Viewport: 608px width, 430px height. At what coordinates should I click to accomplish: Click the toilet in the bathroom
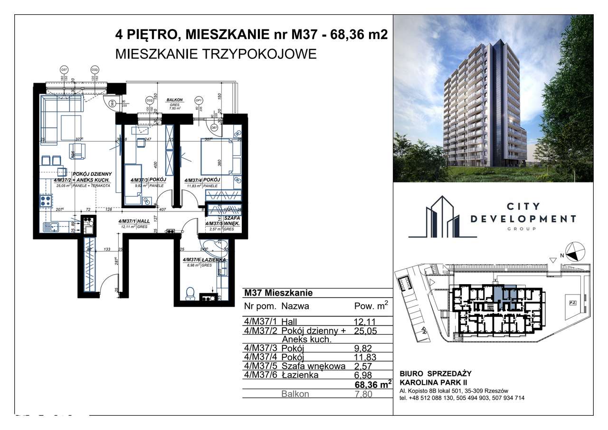click(190, 293)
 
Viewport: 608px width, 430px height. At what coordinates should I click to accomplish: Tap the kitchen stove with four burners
click(46, 201)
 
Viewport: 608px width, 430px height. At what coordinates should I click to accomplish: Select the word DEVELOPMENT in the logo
click(523, 219)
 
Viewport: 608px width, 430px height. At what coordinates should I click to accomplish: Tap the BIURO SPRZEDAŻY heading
click(435, 373)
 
